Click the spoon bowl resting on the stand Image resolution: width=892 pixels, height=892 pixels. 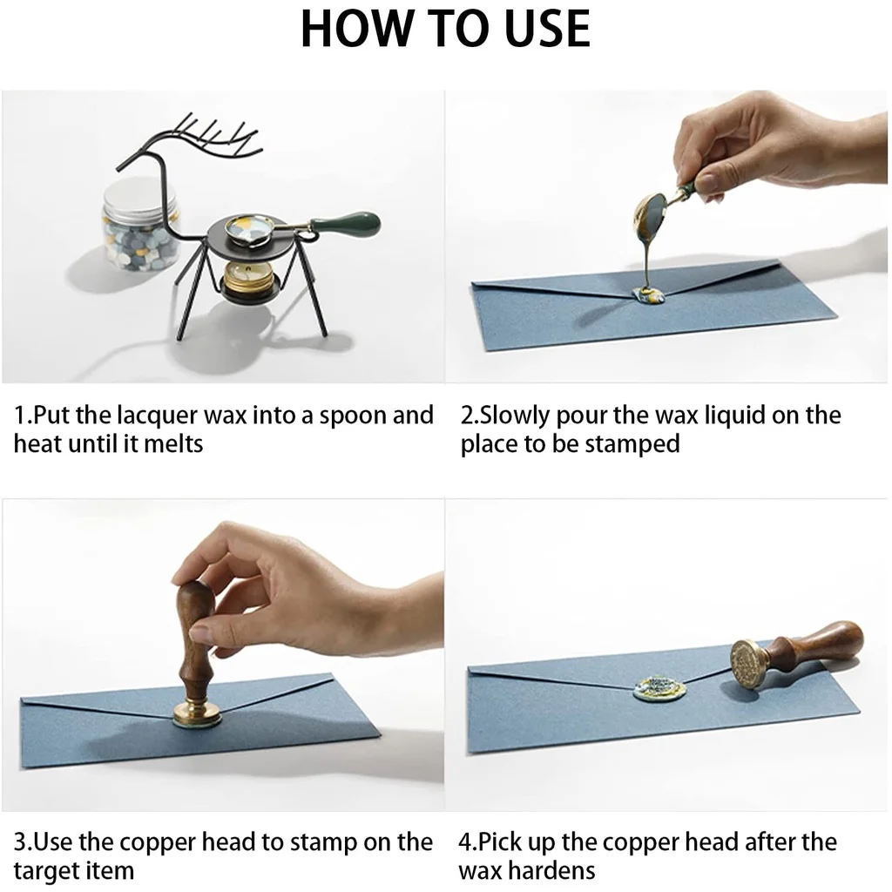click(252, 229)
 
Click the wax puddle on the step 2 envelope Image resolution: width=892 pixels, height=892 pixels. click(652, 294)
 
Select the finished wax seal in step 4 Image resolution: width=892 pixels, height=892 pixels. click(659, 688)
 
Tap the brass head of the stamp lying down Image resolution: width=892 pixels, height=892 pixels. click(750, 666)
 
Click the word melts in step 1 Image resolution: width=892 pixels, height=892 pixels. click(173, 443)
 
